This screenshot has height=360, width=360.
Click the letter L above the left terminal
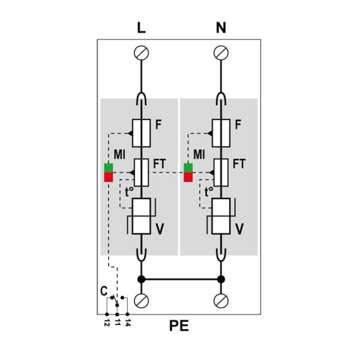tap(141, 28)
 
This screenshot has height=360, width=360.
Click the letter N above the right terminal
tap(221, 28)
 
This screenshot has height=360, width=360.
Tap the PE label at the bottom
tap(179, 326)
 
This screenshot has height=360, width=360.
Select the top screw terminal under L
tap(141, 53)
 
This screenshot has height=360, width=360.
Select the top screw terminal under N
tap(221, 53)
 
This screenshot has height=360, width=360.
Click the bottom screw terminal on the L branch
tap(141, 301)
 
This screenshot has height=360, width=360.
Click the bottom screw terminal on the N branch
tap(221, 301)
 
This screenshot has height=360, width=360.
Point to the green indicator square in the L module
tap(109, 168)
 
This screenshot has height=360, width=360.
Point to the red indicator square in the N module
tap(188, 177)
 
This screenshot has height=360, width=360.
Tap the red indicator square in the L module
tap(109, 177)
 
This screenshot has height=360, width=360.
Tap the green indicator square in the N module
tap(188, 168)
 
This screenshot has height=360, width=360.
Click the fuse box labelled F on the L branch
tap(142, 133)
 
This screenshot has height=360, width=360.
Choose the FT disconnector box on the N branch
tap(221, 172)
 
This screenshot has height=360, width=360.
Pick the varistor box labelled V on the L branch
tap(142, 216)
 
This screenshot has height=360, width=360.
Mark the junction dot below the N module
tap(221, 280)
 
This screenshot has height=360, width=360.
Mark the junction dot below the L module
tap(141, 280)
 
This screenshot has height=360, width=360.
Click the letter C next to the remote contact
tap(104, 291)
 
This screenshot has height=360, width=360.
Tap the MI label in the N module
tap(199, 154)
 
